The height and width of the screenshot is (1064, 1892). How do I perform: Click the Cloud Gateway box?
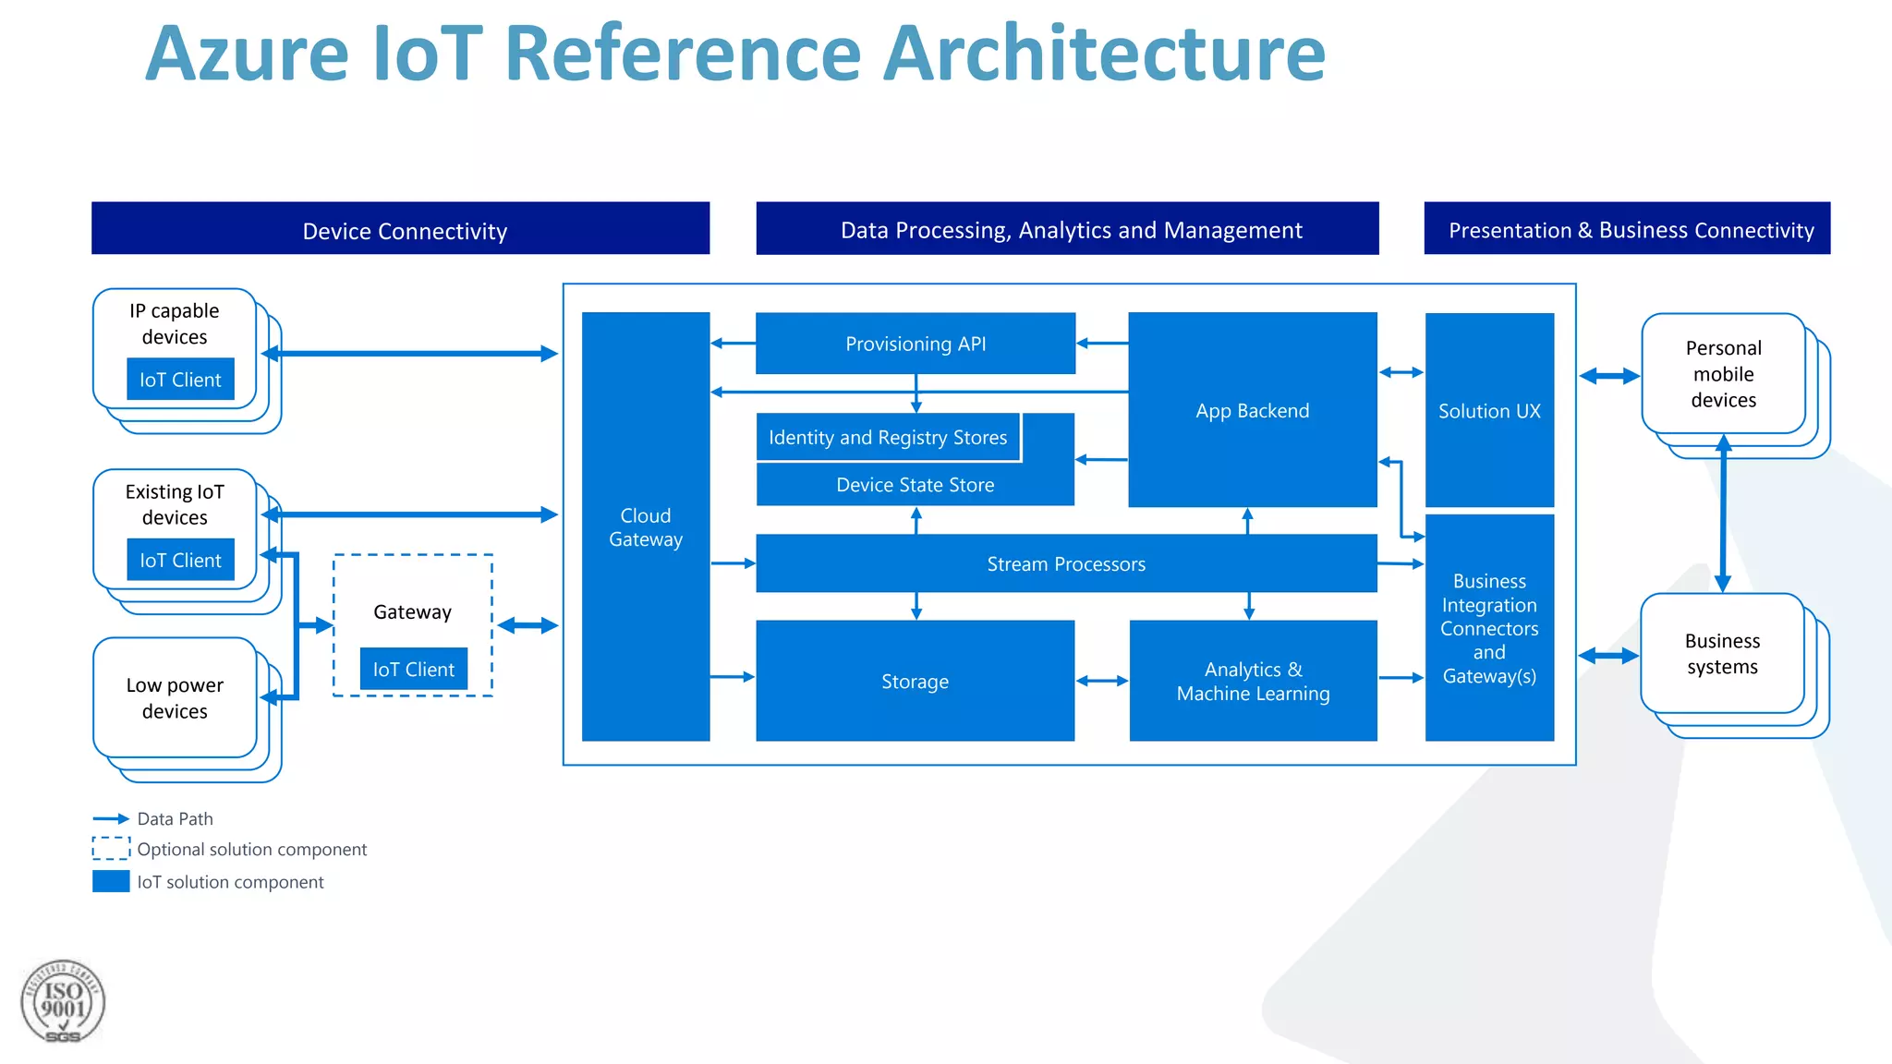pos(645,526)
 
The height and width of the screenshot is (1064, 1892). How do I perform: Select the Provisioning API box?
pos(915,344)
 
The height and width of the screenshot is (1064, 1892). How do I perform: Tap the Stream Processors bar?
pos(1065,563)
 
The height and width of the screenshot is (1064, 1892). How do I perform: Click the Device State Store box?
pos(915,485)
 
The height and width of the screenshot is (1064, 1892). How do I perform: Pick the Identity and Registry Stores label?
pos(887,437)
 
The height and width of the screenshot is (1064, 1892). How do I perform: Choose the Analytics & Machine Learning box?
pos(1253,681)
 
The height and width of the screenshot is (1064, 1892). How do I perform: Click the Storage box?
pos(915,681)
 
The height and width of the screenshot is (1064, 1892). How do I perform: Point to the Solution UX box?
pos(1489,410)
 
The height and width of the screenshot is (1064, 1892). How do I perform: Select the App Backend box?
pos(1252,410)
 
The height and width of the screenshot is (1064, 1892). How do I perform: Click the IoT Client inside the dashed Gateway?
pos(413,670)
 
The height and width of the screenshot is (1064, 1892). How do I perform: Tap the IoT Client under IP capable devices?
pos(180,380)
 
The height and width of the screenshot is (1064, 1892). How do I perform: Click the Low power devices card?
pos(175,698)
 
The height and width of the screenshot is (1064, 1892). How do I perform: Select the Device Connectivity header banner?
pos(400,229)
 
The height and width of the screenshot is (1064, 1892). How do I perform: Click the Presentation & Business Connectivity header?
pos(1627,229)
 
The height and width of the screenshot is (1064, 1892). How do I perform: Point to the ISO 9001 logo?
pos(63,1002)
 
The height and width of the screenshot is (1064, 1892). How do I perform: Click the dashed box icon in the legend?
pos(111,848)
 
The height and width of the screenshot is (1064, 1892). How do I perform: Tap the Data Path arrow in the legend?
pos(111,818)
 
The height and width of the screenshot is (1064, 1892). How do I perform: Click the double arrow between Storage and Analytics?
pos(1101,681)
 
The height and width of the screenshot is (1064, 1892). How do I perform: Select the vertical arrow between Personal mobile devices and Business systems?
pos(1723,514)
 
